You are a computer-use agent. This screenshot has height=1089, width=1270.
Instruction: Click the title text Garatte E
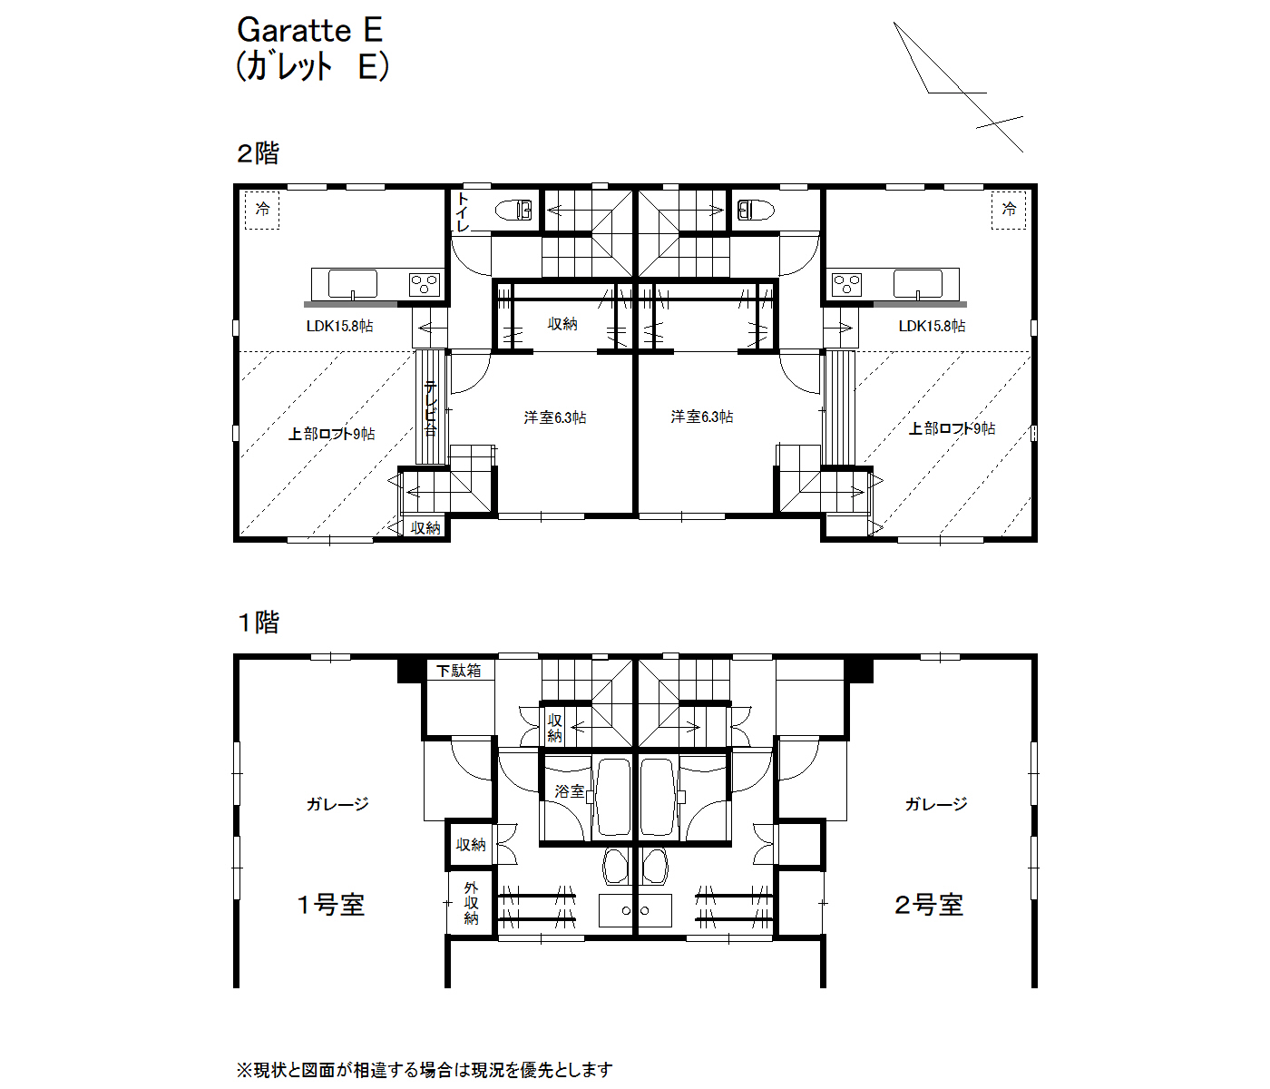tap(309, 30)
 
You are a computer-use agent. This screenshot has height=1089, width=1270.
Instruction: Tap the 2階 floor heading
tap(258, 153)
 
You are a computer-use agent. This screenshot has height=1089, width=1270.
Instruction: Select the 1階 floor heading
tap(258, 623)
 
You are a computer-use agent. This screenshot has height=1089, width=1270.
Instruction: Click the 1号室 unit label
tap(330, 906)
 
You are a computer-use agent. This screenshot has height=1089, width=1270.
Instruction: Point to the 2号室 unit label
tap(928, 906)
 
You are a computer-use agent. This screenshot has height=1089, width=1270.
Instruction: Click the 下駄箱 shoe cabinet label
tap(458, 671)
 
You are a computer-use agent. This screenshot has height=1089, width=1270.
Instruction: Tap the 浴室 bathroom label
tap(569, 791)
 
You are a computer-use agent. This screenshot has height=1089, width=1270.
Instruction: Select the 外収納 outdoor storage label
tap(471, 903)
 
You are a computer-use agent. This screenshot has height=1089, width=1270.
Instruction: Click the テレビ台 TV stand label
tap(431, 408)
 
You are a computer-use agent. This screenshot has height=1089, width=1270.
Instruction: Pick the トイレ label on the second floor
tap(462, 212)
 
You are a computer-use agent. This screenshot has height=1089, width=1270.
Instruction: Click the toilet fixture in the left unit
tap(513, 211)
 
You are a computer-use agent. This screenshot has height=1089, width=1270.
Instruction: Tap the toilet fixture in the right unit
tap(756, 211)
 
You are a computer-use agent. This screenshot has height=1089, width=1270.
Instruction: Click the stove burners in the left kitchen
tap(425, 285)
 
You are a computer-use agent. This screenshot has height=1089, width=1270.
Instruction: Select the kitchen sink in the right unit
tap(917, 283)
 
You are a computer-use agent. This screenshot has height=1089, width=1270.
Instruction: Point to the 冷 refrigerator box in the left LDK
tap(262, 211)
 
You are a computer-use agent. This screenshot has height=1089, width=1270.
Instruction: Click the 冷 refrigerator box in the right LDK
tap(1008, 211)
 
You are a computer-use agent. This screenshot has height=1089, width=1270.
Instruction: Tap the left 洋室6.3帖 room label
tap(555, 417)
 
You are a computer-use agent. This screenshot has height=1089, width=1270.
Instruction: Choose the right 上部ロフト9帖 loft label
tap(952, 428)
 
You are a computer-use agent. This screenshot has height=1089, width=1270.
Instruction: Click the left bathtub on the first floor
tap(613, 797)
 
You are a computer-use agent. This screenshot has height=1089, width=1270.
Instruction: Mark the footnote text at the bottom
tap(425, 1070)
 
